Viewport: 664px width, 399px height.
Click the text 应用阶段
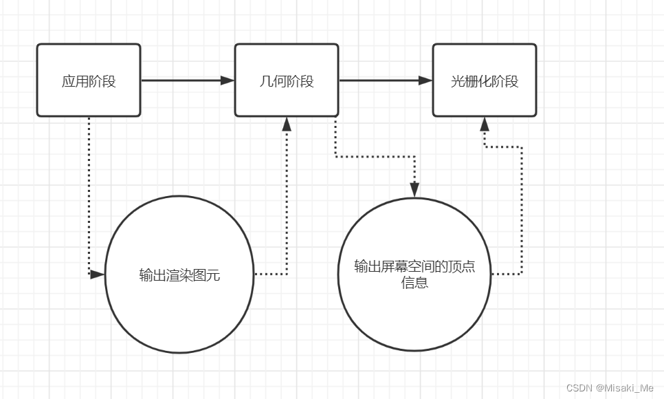tap(89, 81)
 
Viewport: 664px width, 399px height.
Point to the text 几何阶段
tap(287, 81)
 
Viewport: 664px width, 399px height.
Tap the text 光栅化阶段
tap(484, 81)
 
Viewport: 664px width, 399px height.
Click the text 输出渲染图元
tap(179, 276)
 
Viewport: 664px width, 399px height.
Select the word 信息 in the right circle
tap(414, 283)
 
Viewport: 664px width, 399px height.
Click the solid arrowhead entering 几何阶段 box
tap(228, 80)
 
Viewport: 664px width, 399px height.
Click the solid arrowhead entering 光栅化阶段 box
tap(425, 80)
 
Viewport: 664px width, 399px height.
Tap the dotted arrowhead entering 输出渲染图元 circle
tap(97, 274)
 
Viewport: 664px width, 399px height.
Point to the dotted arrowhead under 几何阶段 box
tap(287, 124)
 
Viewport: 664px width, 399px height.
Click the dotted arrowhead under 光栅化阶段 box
tap(485, 124)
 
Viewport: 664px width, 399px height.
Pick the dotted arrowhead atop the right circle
tap(414, 189)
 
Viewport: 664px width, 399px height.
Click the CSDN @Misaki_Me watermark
tap(609, 388)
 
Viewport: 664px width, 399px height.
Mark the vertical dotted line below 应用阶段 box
tap(89, 193)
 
